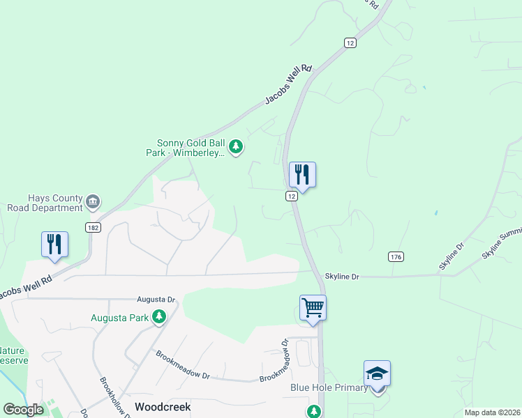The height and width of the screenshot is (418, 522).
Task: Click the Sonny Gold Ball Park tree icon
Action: coord(237,146)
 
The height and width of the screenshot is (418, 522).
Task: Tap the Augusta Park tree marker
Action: coord(160,318)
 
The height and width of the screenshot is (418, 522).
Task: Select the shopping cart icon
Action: coord(313,307)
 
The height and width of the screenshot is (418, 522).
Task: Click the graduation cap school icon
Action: coord(377,373)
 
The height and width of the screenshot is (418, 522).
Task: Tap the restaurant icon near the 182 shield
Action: coord(54,244)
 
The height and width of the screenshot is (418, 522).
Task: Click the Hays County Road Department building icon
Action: coord(93,203)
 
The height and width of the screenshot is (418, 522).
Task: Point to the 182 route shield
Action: coord(93,227)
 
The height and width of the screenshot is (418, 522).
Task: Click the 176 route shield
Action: coord(396,257)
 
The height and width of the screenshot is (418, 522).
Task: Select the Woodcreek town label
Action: coord(163,406)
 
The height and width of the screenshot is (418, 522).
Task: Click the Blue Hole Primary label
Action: coord(328,388)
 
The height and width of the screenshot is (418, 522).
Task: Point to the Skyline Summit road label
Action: coord(502,246)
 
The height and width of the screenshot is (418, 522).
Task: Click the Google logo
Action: coord(23,410)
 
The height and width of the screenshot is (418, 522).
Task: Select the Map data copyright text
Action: coord(492,412)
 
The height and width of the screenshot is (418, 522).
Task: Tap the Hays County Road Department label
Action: coord(45,203)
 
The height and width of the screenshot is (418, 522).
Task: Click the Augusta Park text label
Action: coord(121,318)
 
